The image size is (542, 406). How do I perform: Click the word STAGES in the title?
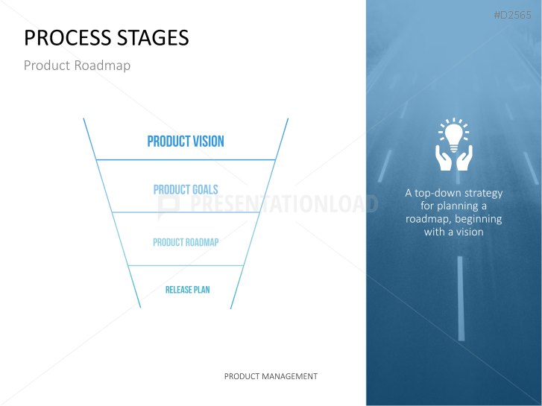pyautogui.click(x=153, y=38)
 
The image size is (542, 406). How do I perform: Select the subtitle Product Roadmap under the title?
pyautogui.click(x=77, y=66)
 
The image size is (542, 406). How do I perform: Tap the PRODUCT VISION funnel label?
pyautogui.click(x=186, y=142)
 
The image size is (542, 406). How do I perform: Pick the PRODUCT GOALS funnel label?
pyautogui.click(x=186, y=189)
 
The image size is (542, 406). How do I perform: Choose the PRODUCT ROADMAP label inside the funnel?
pyautogui.click(x=186, y=242)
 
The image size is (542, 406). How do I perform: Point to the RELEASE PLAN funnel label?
pyautogui.click(x=187, y=290)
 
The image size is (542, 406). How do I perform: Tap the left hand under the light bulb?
pyautogui.click(x=443, y=158)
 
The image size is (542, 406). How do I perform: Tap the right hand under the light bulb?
pyautogui.click(x=464, y=158)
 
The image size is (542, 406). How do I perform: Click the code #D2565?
pyautogui.click(x=512, y=15)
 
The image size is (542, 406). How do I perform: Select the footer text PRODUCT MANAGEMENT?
pyautogui.click(x=271, y=376)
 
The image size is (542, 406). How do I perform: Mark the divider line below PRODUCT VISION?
pyautogui.click(x=186, y=160)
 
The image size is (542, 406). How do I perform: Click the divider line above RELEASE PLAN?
pyautogui.click(x=186, y=265)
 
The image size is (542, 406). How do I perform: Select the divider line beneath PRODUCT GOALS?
pyautogui.click(x=186, y=212)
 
